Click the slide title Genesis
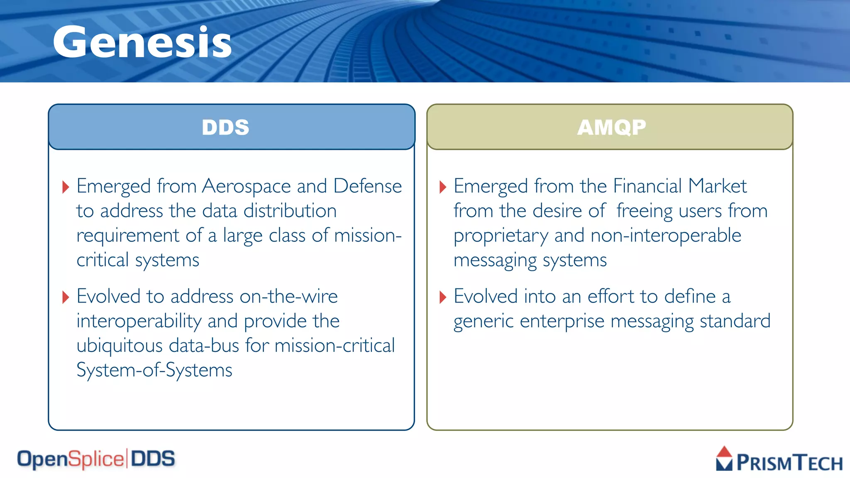click(142, 42)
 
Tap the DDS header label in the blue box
click(225, 127)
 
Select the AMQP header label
click(611, 127)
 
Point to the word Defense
click(367, 186)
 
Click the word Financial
click(647, 186)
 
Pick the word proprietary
click(501, 236)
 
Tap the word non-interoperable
click(666, 236)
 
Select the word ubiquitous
click(120, 346)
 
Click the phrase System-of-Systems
click(154, 370)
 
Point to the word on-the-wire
click(288, 297)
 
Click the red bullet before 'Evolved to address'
click(65, 297)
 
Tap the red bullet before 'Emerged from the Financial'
click(442, 187)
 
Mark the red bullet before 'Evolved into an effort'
click(442, 297)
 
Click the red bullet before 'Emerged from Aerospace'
click(65, 187)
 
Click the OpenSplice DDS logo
click(96, 459)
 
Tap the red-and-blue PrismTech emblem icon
click(724, 458)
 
